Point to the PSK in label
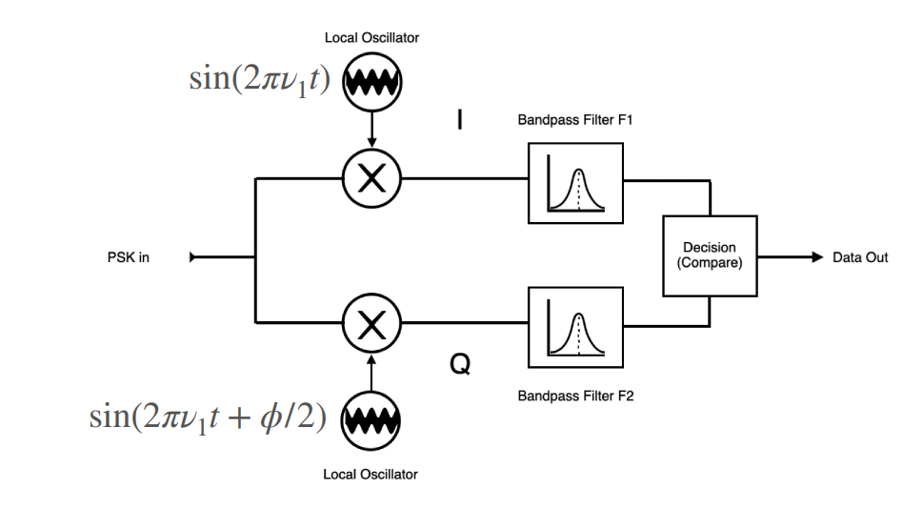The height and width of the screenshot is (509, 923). [x=129, y=257]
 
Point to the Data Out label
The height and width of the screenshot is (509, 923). [x=859, y=257]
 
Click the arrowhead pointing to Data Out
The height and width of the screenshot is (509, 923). [x=816, y=256]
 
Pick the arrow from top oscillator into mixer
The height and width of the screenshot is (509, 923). [x=372, y=133]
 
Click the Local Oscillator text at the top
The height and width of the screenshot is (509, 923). [x=371, y=38]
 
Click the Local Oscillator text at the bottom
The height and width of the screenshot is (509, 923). [x=371, y=474]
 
